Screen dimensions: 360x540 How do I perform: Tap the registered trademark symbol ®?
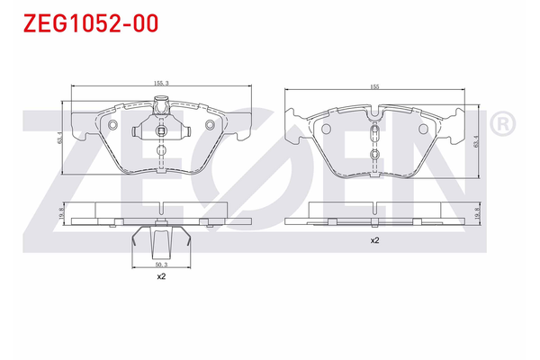[x=502, y=121]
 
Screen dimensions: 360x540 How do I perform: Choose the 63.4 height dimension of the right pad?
[x=475, y=141]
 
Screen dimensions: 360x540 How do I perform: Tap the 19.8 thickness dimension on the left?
[x=61, y=211]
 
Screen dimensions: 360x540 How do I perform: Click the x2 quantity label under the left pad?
[x=161, y=277]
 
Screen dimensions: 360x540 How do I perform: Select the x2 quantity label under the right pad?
[x=373, y=241]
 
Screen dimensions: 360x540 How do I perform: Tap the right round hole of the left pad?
[x=211, y=124]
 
